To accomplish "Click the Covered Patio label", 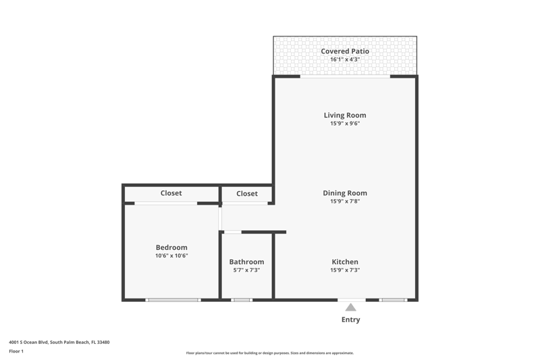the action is click(345, 51).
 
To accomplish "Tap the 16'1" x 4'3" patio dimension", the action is click(345, 59).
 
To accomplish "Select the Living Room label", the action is click(345, 115).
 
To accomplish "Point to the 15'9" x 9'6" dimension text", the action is click(345, 124).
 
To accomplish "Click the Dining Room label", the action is click(345, 193).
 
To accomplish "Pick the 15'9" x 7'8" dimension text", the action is click(345, 201).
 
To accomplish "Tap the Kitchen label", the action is click(345, 262).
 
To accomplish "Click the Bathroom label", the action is click(246, 262).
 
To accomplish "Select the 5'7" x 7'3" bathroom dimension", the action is click(246, 270).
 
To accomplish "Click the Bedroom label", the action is click(171, 247).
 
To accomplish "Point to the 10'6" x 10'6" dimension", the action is click(171, 255).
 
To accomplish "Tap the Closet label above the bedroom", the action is click(171, 193).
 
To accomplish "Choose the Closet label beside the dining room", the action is click(247, 194).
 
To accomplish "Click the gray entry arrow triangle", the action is click(350, 307).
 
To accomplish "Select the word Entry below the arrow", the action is click(350, 319).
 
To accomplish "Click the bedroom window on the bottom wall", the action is click(173, 300).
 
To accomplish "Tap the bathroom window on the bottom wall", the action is click(242, 300).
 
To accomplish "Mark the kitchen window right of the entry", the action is click(393, 300).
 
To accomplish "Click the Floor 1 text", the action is click(16, 351).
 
